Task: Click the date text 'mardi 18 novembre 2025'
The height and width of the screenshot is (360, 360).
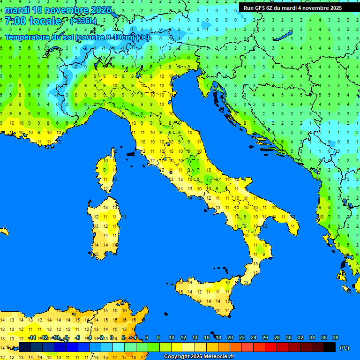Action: pos(58,10)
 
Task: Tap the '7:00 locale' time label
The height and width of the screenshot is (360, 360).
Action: pos(33,21)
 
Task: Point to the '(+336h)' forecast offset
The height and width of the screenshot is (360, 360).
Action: pos(83,21)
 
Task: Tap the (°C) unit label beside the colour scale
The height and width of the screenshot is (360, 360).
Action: pos(344,348)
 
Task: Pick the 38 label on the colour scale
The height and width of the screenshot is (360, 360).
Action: pos(335,338)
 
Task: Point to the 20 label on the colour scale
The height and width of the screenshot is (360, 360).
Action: pos(230,338)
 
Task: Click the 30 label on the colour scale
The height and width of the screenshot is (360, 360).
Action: pos(289,338)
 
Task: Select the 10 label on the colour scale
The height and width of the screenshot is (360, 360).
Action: pos(172,338)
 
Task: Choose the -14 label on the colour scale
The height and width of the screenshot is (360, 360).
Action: pos(32,338)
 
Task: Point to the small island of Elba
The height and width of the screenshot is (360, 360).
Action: pos(131,153)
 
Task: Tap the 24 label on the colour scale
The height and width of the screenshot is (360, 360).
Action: pos(254,338)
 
